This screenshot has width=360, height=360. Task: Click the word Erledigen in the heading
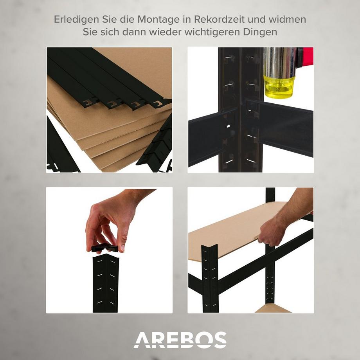pyautogui.click(x=72, y=19)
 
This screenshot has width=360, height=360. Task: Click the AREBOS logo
pyautogui.click(x=180, y=340)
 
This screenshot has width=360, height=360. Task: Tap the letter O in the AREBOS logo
pyautogui.click(x=203, y=340)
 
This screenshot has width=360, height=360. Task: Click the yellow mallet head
pyautogui.click(x=279, y=86)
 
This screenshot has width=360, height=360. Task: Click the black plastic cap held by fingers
pyautogui.click(x=104, y=248)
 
